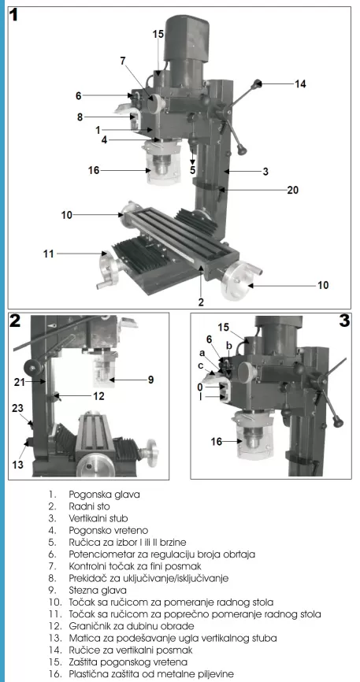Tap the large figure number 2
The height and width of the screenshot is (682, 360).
15,321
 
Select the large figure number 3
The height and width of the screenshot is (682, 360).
344,321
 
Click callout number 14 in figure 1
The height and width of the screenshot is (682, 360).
299,83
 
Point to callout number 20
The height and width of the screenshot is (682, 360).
292,190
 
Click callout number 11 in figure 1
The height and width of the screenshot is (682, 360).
49,253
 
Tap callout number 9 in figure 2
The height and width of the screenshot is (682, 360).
150,380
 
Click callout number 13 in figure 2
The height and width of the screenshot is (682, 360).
17,465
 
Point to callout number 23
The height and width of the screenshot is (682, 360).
17,408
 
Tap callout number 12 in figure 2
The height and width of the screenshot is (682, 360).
98,396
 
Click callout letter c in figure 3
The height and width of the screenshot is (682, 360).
200,365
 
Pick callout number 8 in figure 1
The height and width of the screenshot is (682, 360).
80,117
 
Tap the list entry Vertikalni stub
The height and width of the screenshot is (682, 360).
98,518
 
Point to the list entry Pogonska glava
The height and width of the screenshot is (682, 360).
105,495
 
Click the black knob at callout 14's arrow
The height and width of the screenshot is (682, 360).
258,83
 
